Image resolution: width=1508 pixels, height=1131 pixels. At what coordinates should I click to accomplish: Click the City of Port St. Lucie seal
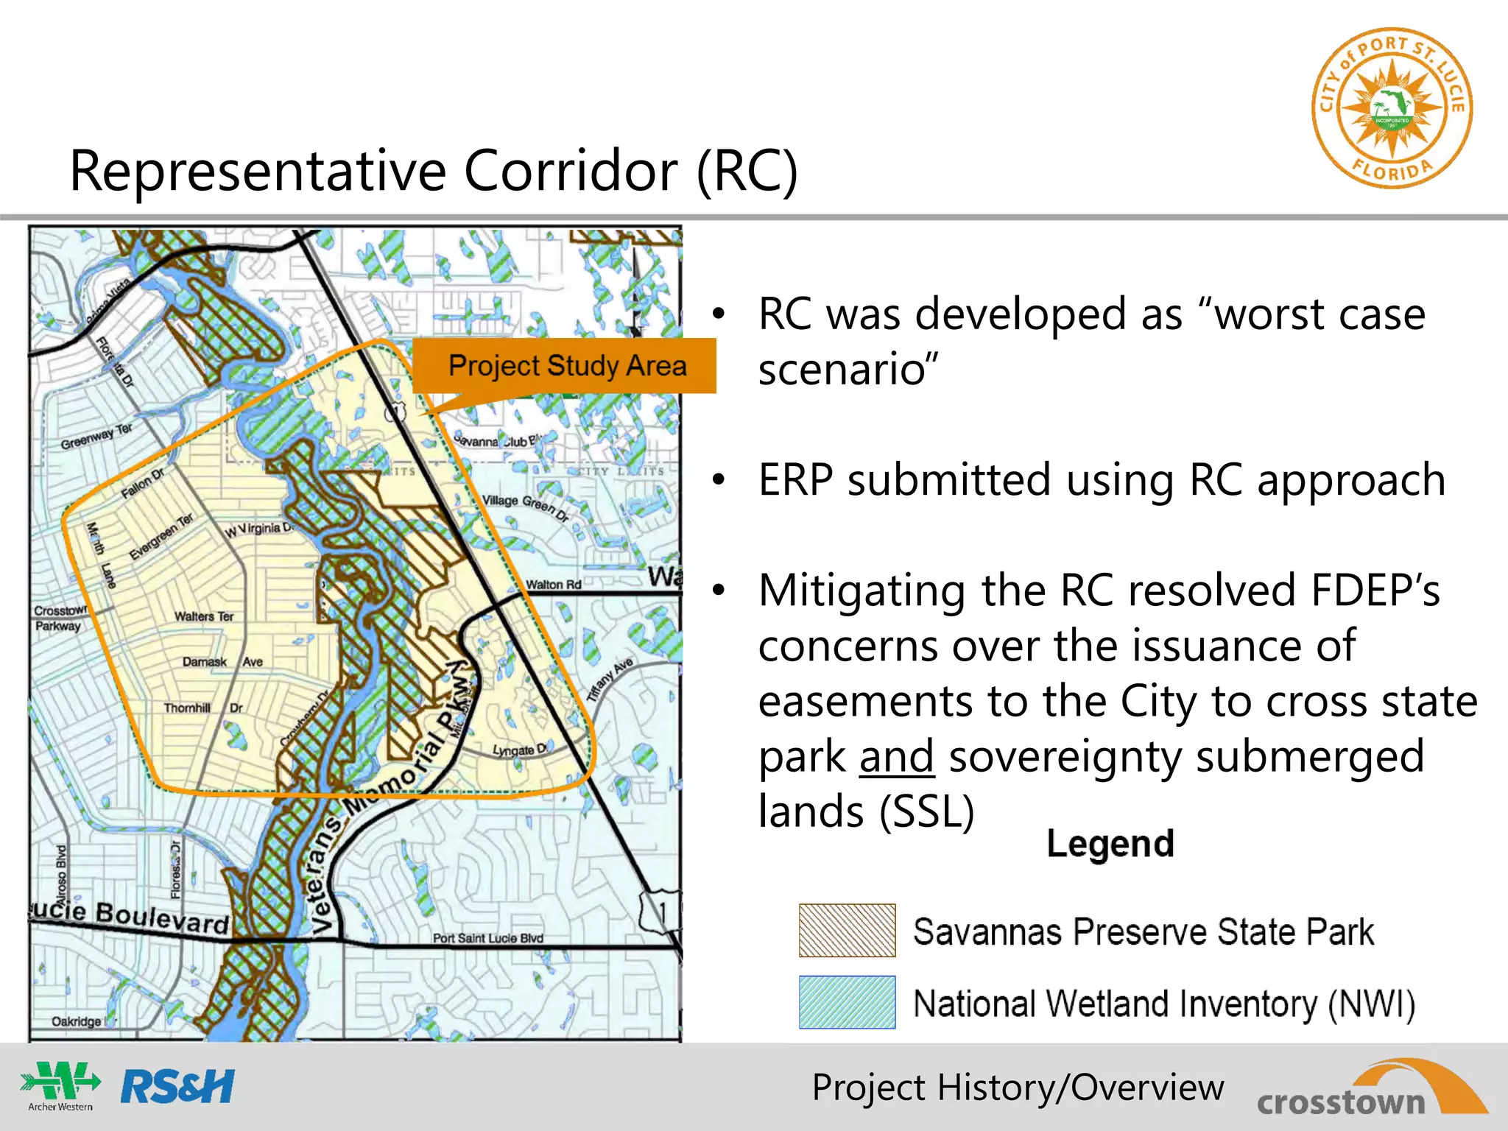1391,108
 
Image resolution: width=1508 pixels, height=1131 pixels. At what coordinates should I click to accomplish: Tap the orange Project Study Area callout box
565,366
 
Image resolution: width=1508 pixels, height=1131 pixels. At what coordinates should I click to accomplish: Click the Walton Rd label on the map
553,585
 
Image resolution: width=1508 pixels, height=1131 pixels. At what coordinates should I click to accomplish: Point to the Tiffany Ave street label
610,680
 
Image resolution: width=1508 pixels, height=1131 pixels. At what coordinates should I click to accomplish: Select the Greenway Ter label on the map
96,436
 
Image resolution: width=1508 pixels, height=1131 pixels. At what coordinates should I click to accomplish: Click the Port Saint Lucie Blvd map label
487,938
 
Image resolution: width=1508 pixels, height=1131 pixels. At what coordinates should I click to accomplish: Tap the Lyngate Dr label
520,750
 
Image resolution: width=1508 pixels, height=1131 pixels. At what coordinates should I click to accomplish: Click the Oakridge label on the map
76,1021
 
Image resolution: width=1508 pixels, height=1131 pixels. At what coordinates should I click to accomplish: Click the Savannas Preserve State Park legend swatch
847,931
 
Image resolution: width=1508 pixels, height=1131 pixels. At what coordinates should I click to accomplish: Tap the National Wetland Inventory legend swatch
847,1002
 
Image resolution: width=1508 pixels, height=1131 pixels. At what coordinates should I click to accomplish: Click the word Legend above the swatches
1110,844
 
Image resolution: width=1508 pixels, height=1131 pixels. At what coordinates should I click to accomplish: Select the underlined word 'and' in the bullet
896,757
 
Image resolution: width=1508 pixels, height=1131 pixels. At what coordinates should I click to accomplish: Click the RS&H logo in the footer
177,1086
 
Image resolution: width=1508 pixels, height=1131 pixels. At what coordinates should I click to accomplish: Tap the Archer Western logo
60,1085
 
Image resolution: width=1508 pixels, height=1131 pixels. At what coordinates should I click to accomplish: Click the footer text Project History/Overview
1017,1088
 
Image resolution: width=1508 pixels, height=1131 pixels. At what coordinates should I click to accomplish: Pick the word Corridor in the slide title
570,171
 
